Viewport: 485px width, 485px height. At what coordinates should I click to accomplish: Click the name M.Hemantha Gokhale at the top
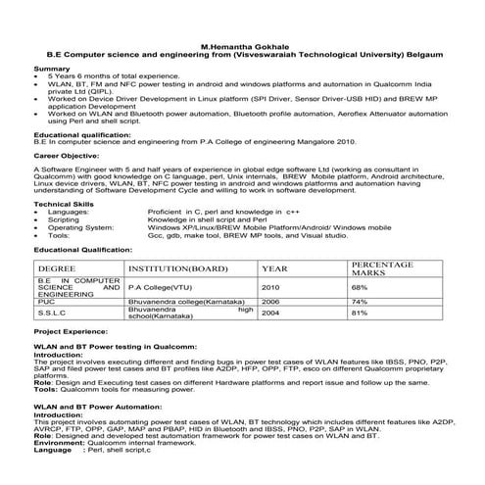pyautogui.click(x=241, y=45)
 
